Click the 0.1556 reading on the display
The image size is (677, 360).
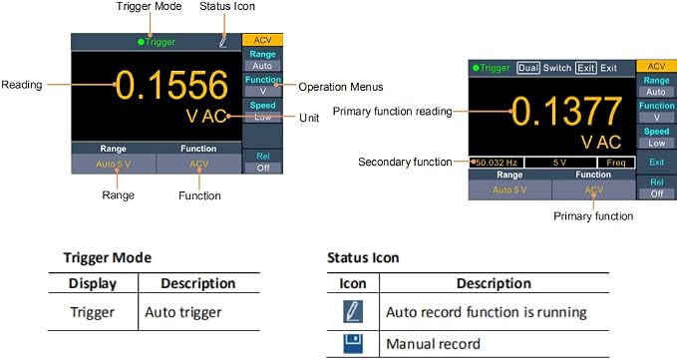[x=171, y=85]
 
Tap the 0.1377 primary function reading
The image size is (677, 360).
[x=567, y=112]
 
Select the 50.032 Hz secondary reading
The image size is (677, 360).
[x=497, y=163]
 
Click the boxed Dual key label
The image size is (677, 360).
[x=528, y=68]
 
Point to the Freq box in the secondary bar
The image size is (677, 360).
[x=616, y=163]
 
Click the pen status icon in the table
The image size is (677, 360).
[x=353, y=312]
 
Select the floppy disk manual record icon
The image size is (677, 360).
[x=353, y=344]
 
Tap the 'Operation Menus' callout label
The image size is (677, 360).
[x=341, y=87]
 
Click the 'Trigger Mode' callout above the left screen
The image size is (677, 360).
[x=149, y=6]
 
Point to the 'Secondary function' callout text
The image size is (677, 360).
[x=405, y=162]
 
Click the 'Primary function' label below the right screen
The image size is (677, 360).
[x=593, y=215]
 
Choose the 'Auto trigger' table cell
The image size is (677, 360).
[x=183, y=312]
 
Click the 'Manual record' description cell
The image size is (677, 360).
[x=433, y=344]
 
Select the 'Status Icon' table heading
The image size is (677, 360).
[x=363, y=257]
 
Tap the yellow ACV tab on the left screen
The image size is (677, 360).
[x=262, y=40]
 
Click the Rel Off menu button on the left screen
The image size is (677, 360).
[x=263, y=162]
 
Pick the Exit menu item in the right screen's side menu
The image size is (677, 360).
[x=656, y=163]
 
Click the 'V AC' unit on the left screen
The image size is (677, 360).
[x=206, y=116]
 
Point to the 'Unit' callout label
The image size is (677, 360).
[x=309, y=118]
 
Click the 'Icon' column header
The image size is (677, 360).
[x=353, y=283]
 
